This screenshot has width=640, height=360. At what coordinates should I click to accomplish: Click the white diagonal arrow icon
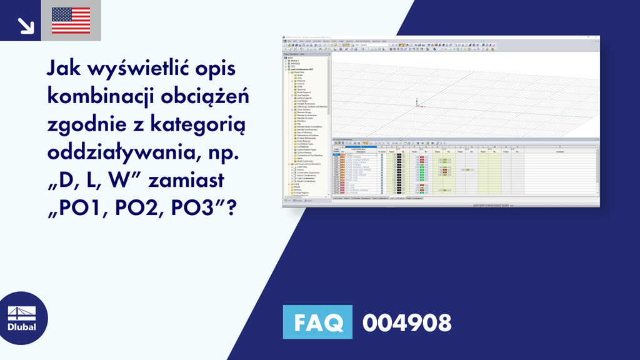point(26,24)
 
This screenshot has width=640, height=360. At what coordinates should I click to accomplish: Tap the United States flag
point(71,20)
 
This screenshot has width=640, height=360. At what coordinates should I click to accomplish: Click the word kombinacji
point(98,97)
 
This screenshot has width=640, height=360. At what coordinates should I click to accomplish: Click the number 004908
point(407,322)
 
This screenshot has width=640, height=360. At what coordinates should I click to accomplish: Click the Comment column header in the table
point(559,152)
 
